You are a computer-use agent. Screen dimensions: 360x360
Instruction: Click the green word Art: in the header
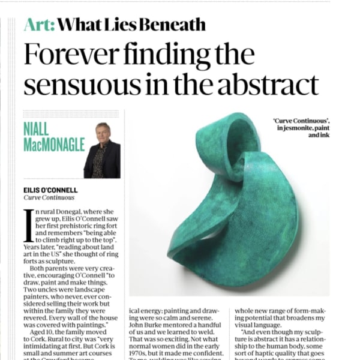[40, 25]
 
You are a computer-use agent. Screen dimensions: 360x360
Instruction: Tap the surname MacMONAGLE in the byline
[53, 144]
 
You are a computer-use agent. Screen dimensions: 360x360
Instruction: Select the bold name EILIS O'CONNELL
[50, 190]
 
